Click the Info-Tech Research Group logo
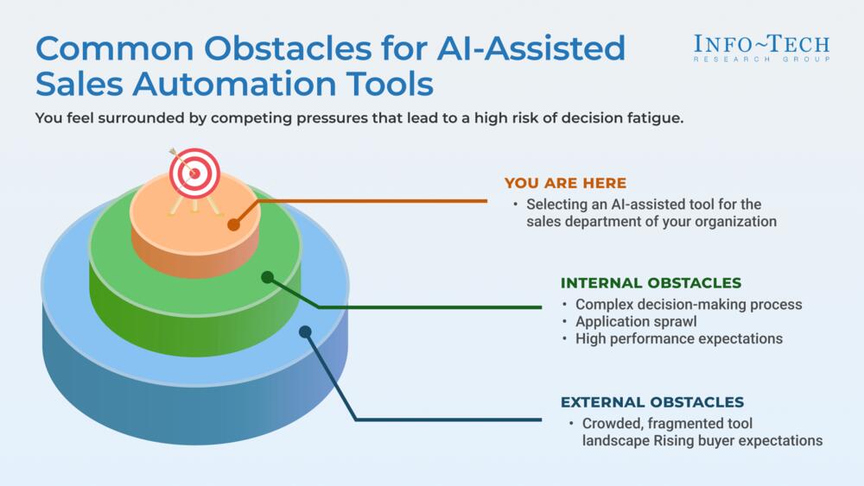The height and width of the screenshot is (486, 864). (762, 47)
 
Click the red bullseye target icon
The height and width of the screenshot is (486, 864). (195, 174)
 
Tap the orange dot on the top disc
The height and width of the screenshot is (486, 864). (232, 225)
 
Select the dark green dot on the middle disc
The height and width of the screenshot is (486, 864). (267, 277)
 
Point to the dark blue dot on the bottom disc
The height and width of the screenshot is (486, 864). (304, 331)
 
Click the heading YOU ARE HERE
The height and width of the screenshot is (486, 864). (565, 183)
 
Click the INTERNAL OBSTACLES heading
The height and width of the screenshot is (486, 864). (651, 282)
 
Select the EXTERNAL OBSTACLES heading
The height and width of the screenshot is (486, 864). (652, 402)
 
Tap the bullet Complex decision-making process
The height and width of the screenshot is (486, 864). (689, 304)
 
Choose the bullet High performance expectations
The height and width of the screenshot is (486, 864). (679, 338)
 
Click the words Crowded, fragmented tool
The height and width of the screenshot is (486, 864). (668, 423)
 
